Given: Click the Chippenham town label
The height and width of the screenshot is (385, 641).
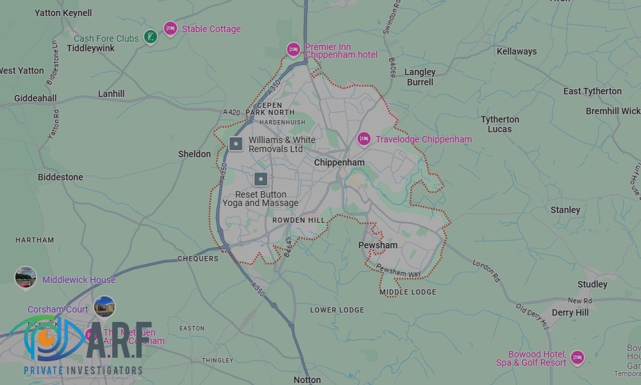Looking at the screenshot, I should tap(339, 162).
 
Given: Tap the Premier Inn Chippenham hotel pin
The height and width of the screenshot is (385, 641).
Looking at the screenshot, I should tap(293, 49).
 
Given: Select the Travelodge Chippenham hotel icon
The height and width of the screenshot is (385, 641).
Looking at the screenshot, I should tap(364, 139).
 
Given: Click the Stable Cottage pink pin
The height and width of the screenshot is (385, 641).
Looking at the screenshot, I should tap(170, 28).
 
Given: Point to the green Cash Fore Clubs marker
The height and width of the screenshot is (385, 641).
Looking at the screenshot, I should tap(150, 37).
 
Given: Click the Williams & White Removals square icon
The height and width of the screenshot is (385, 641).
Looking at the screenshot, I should tap(236, 144).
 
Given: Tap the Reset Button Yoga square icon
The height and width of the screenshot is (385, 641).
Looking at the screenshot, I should tap(260, 179).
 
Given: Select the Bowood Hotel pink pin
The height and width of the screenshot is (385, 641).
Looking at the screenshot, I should tap(577, 357).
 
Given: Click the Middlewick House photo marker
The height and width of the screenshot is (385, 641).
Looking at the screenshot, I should tap(26, 277).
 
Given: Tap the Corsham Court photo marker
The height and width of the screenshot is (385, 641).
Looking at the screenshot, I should tap(104, 307).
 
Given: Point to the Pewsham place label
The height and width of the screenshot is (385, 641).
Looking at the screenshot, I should tap(378, 245).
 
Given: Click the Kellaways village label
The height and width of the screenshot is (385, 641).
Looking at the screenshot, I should tap(517, 51).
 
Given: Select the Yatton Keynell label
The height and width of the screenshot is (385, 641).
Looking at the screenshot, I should tap(63, 13).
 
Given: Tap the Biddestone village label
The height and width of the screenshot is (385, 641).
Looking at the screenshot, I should tap(60, 177).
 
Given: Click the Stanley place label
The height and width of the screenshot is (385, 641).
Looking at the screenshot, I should tap(565, 210).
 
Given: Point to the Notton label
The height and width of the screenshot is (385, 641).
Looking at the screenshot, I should tap(306, 380).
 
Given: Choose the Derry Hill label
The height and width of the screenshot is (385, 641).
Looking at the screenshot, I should tap(570, 312).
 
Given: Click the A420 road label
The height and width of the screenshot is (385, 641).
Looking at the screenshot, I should tap(231, 112).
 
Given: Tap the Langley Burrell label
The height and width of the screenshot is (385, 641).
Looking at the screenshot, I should tap(420, 77).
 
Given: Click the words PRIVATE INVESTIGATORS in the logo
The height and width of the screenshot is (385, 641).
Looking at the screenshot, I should tap(83, 371).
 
